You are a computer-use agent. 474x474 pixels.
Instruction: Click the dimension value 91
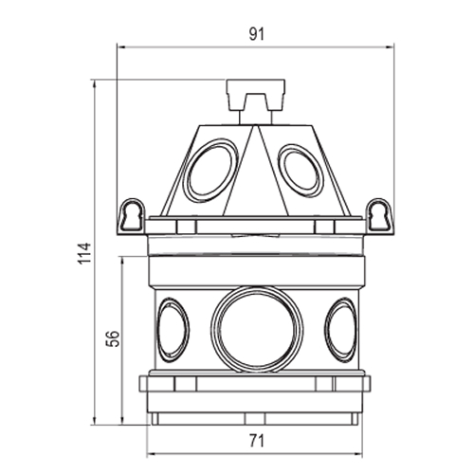click(256, 34)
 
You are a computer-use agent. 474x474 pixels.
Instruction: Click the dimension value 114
click(84, 253)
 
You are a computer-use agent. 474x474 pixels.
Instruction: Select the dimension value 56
click(113, 338)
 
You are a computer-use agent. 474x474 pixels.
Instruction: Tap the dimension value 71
click(256, 441)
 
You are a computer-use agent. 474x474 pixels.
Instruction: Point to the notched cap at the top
click(256, 95)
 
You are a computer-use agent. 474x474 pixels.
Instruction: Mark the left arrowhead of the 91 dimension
click(121, 47)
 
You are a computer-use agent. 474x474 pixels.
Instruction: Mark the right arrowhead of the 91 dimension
click(390, 47)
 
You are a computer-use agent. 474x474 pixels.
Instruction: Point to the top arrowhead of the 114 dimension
click(94, 84)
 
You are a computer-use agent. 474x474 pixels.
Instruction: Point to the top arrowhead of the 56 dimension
click(122, 261)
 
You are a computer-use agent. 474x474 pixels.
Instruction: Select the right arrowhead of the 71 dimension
click(358, 454)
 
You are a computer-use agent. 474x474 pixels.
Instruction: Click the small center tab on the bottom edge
click(255, 419)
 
